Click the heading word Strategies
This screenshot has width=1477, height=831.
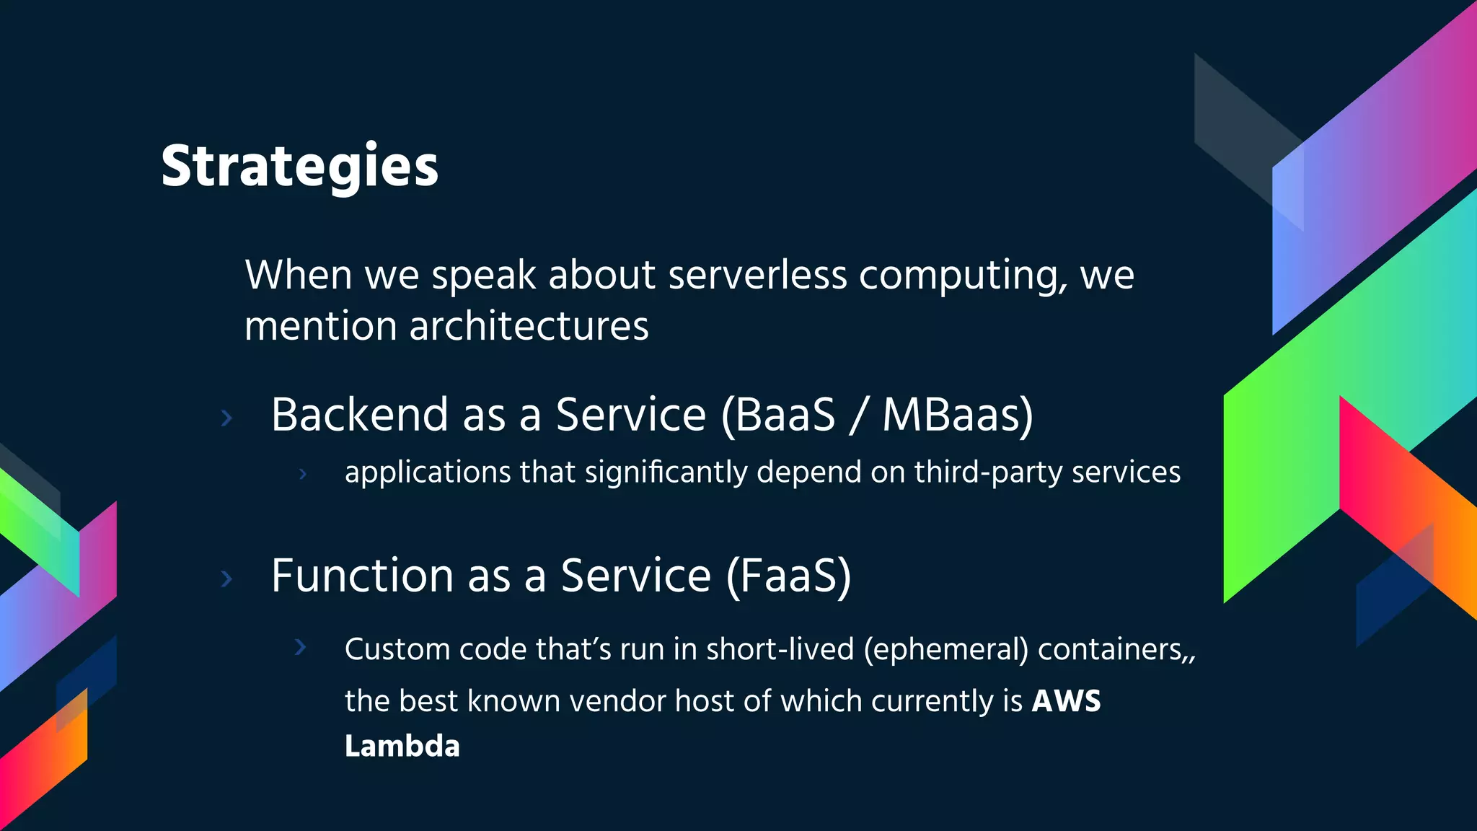pyautogui.click(x=299, y=166)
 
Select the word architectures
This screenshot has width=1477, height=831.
pyautogui.click(x=529, y=326)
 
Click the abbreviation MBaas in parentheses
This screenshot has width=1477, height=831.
pyautogui.click(x=950, y=415)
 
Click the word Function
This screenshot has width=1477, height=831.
pyautogui.click(x=363, y=576)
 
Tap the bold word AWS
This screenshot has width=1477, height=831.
pyautogui.click(x=1066, y=701)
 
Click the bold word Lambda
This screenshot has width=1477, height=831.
pyautogui.click(x=402, y=747)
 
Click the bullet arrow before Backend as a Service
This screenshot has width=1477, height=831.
pyautogui.click(x=226, y=418)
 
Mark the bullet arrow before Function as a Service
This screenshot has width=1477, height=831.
pyautogui.click(x=226, y=579)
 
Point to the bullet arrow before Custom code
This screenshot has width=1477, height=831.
pyautogui.click(x=301, y=647)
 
